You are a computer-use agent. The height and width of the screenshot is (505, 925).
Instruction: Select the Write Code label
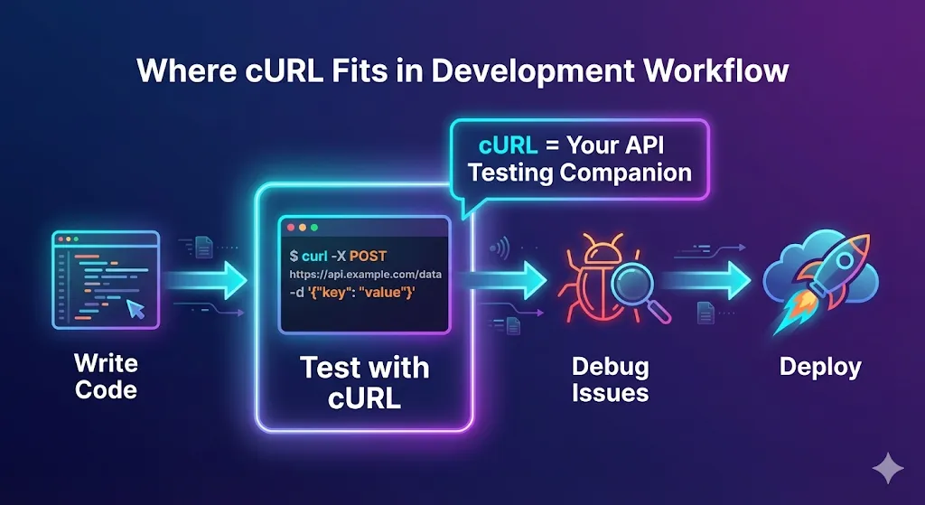106,377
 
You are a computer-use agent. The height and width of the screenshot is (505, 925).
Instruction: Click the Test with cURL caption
364,382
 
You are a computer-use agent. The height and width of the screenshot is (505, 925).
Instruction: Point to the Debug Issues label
611,379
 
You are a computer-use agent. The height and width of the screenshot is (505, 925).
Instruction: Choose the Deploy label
820,368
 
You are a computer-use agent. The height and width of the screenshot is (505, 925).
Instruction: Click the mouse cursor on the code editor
135,309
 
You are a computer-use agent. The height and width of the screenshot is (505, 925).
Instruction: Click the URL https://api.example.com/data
366,274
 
